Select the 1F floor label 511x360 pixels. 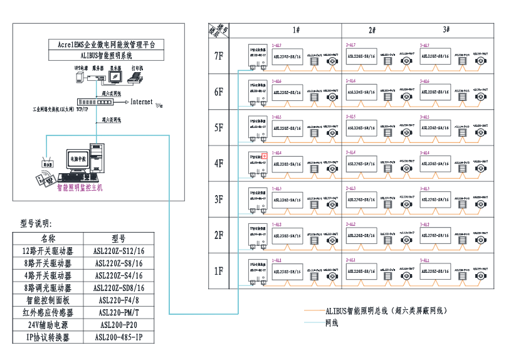point(218,271)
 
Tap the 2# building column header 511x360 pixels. point(372,30)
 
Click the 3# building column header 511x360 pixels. point(446,30)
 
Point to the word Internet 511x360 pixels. point(142,102)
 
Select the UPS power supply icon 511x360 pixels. point(80,77)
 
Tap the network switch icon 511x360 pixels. point(94,102)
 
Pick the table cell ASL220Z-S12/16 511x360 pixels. point(119,251)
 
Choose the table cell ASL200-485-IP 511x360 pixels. point(119,337)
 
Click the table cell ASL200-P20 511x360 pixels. point(119,326)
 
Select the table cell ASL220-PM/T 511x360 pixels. point(119,313)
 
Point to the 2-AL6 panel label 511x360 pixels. point(351,81)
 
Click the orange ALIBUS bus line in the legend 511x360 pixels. point(313,310)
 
